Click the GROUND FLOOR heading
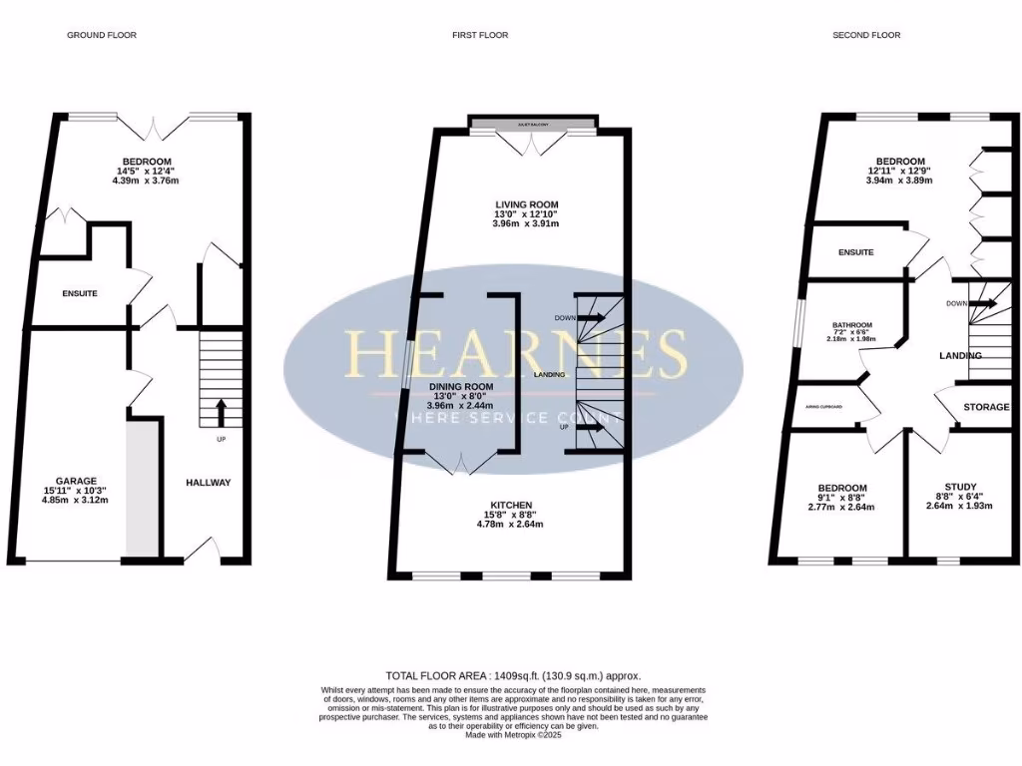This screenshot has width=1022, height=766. (x=102, y=35)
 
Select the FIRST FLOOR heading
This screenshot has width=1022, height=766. (x=480, y=35)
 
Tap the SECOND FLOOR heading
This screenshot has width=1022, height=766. (x=866, y=35)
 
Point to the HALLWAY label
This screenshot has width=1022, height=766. (x=208, y=483)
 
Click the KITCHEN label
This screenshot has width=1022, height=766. (x=511, y=505)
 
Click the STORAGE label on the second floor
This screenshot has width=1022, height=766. (x=986, y=407)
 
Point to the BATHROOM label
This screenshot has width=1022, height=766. (x=852, y=325)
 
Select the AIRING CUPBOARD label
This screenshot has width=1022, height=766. (x=824, y=407)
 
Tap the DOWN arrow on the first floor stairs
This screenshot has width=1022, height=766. (x=590, y=317)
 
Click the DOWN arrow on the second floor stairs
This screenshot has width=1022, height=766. (x=983, y=303)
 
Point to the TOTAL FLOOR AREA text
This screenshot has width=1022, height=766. (x=513, y=675)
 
